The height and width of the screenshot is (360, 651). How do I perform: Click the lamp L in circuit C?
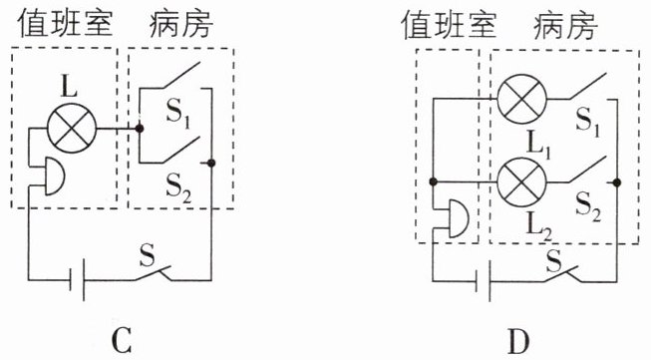pos(72,128)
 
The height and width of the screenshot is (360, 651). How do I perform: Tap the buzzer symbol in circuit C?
pos(54,177)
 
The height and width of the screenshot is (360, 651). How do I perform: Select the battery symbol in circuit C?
pos(77,280)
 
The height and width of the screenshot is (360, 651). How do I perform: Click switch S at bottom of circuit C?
pos(153,273)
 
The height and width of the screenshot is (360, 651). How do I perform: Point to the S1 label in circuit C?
pos(178,114)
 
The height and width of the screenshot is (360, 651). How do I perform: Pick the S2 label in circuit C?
pos(178,188)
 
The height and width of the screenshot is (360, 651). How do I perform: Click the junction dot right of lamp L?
pos(140,129)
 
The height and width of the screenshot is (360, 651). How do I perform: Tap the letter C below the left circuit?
pos(122,340)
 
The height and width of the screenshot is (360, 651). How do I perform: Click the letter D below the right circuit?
pos(518,340)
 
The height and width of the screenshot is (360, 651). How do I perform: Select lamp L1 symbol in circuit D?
pos(521,100)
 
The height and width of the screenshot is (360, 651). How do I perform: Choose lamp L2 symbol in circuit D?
pos(521,182)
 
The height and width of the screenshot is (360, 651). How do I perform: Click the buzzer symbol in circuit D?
pos(459,218)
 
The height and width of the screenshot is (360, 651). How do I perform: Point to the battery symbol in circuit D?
pos(483,281)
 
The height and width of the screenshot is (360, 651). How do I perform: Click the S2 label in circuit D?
pos(588,206)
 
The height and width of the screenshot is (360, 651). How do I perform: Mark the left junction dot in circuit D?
pos(433,181)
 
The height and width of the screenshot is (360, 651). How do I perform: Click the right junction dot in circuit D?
pos(617,182)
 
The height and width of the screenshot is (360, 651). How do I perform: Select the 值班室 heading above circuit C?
pos(65,24)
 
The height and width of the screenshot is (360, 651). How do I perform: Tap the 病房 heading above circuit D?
pos(565,25)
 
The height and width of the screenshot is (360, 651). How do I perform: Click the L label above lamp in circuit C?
pos(69,87)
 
